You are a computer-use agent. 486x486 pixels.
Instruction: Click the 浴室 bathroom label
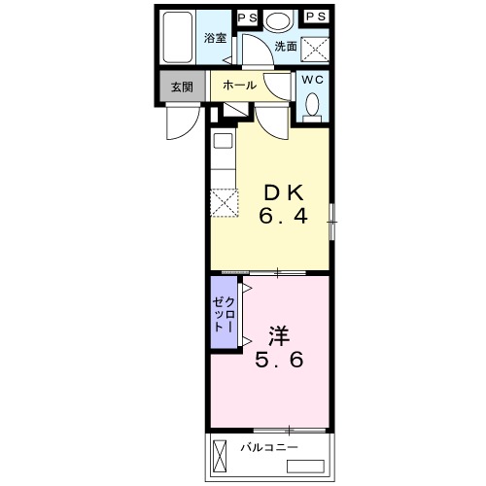[x=215, y=38]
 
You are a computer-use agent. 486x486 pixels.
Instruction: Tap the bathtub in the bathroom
[x=177, y=37]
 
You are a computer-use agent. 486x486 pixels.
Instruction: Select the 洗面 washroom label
[x=286, y=47]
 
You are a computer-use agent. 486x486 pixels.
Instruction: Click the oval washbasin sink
[x=278, y=20]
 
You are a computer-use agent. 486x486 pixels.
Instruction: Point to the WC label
[x=313, y=80]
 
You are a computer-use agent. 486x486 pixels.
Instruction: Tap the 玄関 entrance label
[x=182, y=87]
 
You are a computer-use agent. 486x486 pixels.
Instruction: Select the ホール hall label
[x=240, y=86]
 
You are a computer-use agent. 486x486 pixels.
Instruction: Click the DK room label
[x=284, y=192]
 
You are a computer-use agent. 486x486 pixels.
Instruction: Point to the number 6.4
[x=284, y=216]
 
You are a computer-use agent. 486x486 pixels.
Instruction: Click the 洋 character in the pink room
[x=279, y=336]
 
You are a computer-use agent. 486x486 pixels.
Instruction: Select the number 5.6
[x=279, y=360]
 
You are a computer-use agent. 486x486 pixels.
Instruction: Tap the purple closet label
[x=224, y=314]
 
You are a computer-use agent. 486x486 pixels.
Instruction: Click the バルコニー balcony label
[x=269, y=448]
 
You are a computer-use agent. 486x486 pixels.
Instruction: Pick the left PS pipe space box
[x=248, y=17]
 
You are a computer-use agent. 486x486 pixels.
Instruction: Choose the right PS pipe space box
[x=316, y=17]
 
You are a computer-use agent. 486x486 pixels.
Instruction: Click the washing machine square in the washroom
[x=315, y=49]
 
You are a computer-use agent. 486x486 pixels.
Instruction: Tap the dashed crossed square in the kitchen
[x=225, y=203]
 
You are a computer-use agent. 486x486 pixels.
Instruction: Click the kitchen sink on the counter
[x=224, y=141]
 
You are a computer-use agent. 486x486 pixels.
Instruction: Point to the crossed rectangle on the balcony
[x=220, y=457]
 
